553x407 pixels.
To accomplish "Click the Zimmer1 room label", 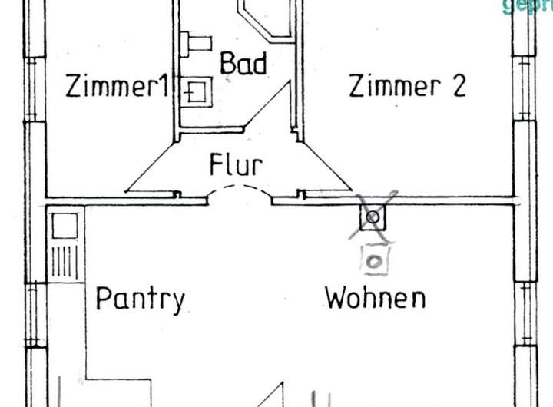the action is [x=116, y=86].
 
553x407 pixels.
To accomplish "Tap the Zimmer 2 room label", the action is [x=407, y=86].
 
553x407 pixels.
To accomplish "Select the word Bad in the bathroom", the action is [x=243, y=64].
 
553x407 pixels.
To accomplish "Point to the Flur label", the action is [x=236, y=164].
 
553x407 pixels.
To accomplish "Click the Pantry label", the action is [x=140, y=298].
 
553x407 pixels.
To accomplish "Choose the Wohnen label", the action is [x=375, y=297].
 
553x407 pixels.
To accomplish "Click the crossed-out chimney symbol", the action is [x=373, y=217].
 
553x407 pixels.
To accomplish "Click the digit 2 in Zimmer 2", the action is [x=458, y=86].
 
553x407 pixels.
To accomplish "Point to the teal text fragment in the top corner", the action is [x=527, y=6].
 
